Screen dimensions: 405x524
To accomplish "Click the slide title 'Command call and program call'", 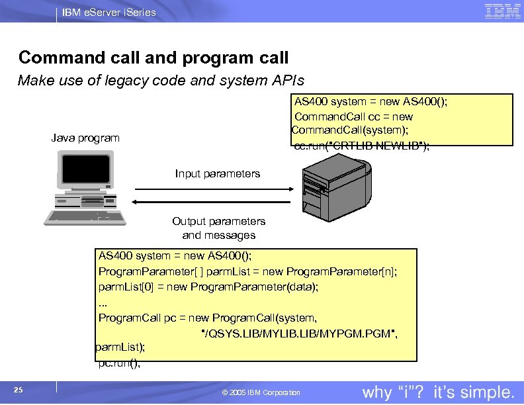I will (x=153, y=58).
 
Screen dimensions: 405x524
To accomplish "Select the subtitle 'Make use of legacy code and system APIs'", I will (x=161, y=81).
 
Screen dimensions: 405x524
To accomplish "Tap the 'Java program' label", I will (x=85, y=138).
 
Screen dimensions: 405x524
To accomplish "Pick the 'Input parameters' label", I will (x=218, y=174).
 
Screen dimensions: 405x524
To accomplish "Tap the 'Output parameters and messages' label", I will (x=218, y=228).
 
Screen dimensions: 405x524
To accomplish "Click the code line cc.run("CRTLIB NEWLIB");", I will (x=361, y=146).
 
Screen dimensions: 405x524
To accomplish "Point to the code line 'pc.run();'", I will (x=119, y=363).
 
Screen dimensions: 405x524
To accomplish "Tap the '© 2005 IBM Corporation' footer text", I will (x=261, y=392).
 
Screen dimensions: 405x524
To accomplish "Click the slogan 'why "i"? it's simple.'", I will (x=438, y=392).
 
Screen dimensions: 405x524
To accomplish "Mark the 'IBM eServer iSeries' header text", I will (x=109, y=12).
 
